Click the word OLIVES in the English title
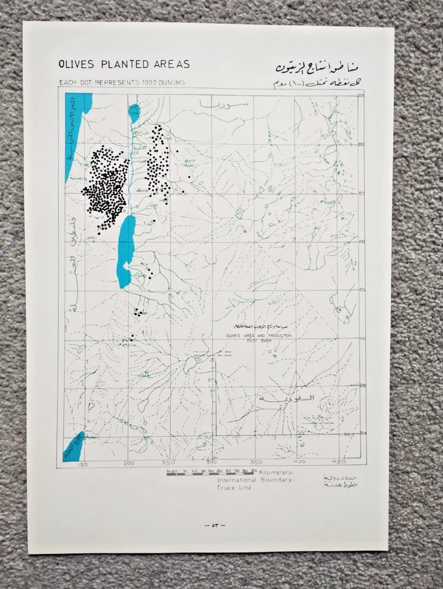click(74, 65)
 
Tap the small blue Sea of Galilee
click(134, 112)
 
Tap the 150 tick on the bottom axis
click(83, 464)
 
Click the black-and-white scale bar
click(211, 473)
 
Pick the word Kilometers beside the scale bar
click(276, 472)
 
